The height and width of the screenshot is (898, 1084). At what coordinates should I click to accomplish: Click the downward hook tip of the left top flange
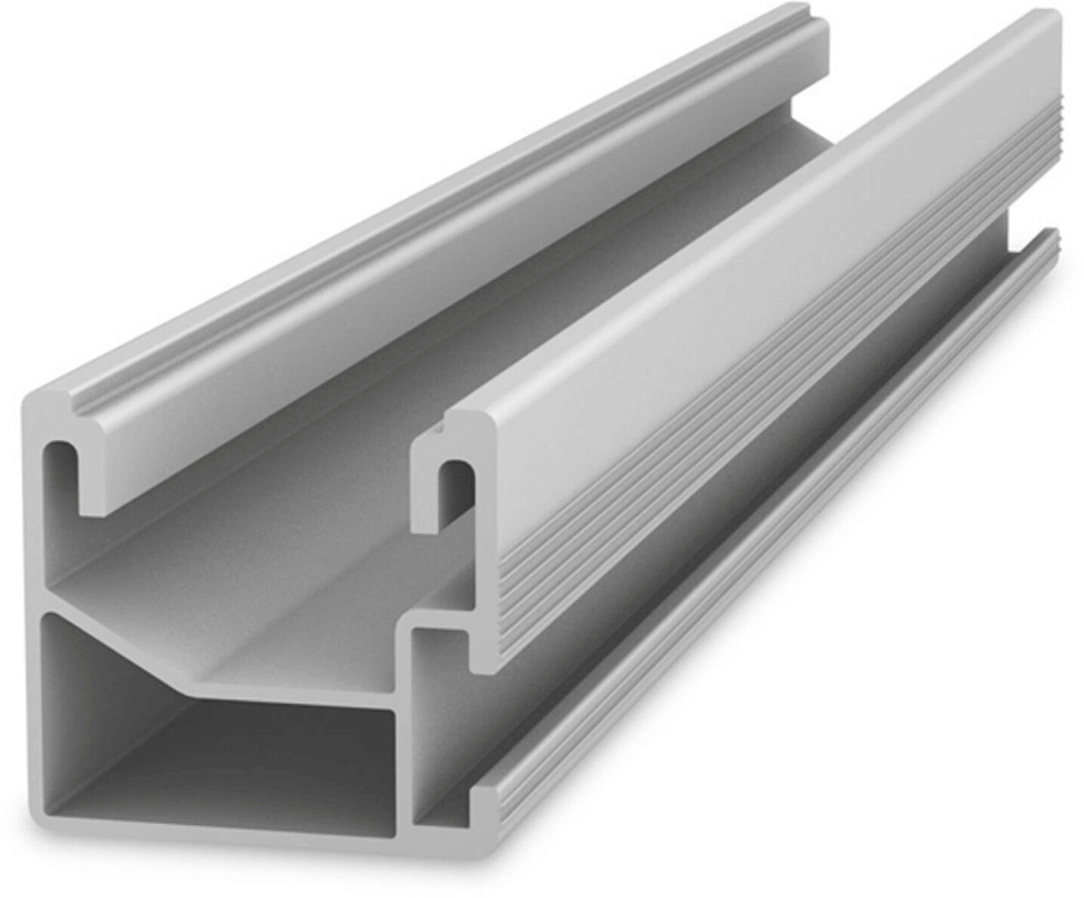(x=91, y=506)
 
